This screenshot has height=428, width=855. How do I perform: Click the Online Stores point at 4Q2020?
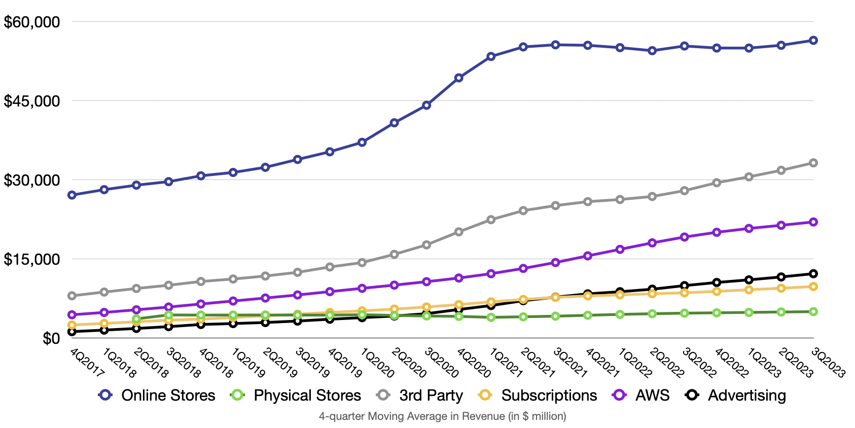point(458,78)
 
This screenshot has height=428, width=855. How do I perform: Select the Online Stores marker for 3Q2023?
point(813,41)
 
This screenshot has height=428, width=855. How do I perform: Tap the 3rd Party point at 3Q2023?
point(813,163)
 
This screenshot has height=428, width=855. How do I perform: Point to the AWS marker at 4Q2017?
point(72,315)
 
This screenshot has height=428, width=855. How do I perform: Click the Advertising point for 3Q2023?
point(813,274)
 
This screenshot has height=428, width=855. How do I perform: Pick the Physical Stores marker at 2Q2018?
point(136,319)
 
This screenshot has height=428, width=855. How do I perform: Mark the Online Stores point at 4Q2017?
point(72,195)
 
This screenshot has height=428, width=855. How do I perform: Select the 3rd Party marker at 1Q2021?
point(491,220)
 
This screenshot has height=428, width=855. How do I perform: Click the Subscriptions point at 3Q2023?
point(813,287)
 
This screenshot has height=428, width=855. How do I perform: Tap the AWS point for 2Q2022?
point(652,243)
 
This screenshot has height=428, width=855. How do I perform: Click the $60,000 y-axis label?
point(31,22)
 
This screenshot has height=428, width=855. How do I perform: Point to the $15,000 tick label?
point(31,259)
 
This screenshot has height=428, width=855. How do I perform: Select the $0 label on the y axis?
point(51,338)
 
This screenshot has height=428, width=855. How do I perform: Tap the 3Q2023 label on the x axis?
point(828,363)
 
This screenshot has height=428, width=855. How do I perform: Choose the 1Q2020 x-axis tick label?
point(377,363)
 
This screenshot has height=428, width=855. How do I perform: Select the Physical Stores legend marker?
point(237,395)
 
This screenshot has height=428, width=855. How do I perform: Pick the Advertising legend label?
point(746,396)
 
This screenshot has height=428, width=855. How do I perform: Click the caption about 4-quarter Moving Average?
point(442,416)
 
